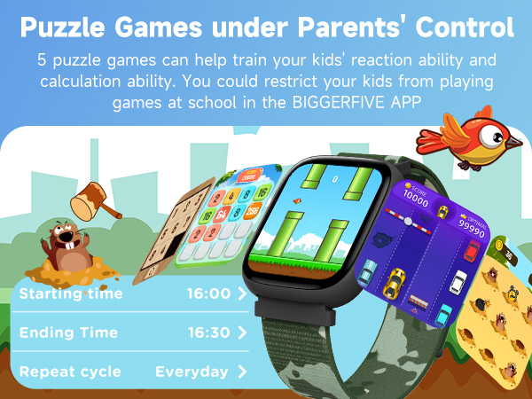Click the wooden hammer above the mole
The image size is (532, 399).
(93, 199)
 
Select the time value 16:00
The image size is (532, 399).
(208, 293)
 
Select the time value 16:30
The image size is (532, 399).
(208, 332)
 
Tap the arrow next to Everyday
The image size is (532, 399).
(240, 372)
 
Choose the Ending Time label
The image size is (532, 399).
(68, 332)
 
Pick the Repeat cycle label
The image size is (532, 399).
(70, 372)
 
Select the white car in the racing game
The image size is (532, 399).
(458, 283)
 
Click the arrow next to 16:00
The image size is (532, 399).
(241, 293)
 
